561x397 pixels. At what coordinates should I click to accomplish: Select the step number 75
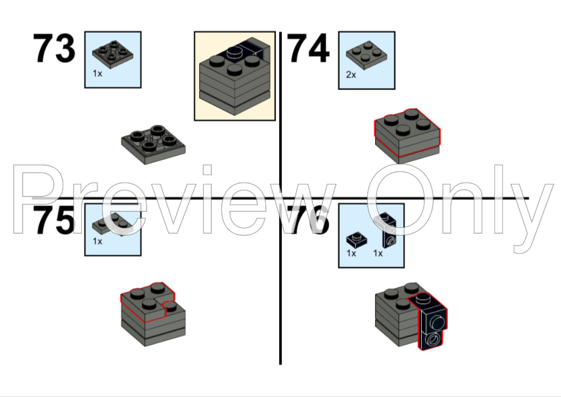(54, 220)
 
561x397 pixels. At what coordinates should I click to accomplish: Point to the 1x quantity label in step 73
(97, 74)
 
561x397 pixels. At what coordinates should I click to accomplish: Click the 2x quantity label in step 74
(351, 75)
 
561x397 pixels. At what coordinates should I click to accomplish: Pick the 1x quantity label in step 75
(97, 241)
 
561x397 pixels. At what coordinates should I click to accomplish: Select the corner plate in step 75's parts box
(113, 224)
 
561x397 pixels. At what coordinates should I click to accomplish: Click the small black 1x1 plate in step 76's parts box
(356, 239)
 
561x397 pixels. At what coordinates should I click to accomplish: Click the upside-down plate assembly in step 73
(153, 145)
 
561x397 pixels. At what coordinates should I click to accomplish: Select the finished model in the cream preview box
(235, 76)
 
